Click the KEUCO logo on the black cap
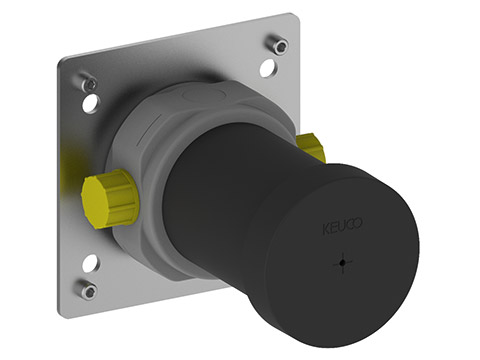click(x=342, y=226)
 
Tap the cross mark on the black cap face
click(x=342, y=263)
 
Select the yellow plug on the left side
click(x=110, y=199)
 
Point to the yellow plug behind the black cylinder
click(x=311, y=147)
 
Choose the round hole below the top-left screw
click(x=91, y=103)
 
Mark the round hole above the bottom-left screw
click(x=90, y=264)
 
